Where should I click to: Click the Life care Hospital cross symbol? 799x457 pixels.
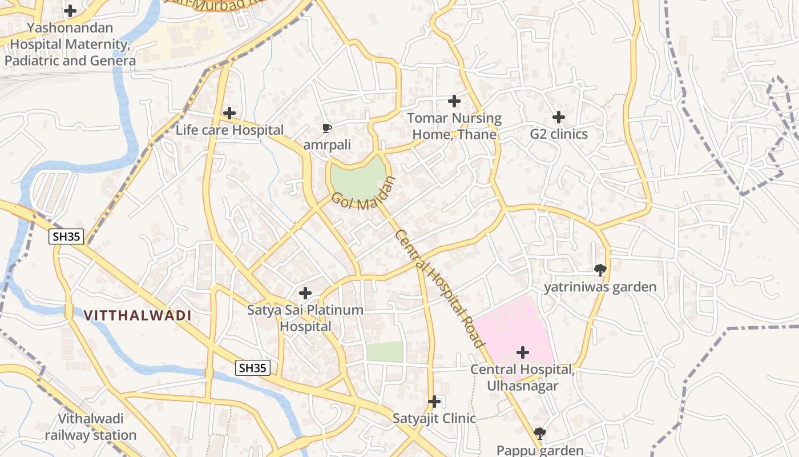229,113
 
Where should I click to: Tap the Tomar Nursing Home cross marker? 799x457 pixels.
454,101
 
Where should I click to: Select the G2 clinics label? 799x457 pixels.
559,134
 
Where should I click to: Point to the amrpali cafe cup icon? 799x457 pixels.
326,128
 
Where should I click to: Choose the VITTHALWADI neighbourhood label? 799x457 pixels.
138,315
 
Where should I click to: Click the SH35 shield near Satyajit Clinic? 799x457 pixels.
252,368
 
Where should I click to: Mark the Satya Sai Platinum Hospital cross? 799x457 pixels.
305,293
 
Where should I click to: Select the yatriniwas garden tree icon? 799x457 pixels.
600,270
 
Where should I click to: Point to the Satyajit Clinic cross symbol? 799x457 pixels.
434,402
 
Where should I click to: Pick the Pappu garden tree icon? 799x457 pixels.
539,434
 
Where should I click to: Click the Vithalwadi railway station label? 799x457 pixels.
91,427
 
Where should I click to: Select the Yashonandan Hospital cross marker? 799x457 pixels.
70,10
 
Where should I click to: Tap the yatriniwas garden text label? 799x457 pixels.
600,287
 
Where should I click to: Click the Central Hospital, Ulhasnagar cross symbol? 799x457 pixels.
522,352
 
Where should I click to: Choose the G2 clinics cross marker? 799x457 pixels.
559,117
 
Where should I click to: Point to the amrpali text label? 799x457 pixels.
327,145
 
